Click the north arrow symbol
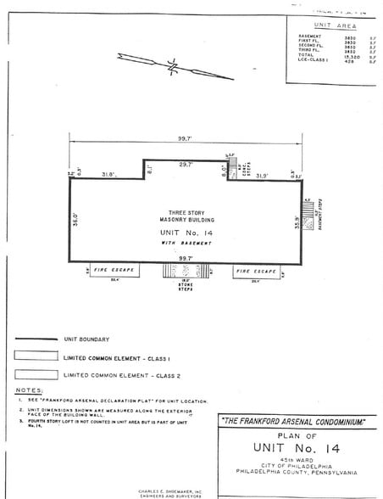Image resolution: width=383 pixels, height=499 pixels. (175, 66)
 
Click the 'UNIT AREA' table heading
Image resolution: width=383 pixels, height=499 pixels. (334, 27)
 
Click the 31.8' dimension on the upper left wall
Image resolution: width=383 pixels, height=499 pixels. (108, 175)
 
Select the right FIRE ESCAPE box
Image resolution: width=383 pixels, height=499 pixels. (255, 272)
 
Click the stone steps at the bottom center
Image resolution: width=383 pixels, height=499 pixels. (185, 272)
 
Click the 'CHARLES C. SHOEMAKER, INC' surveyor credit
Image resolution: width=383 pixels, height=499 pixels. (172, 491)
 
